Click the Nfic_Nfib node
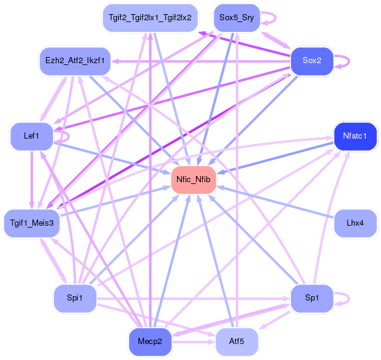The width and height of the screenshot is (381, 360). click(194, 180)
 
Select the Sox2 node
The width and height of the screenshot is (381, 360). click(312, 61)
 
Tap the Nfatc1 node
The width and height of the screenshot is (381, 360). click(355, 136)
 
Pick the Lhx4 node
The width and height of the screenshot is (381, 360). click(355, 223)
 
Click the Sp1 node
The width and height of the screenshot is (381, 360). click(312, 298)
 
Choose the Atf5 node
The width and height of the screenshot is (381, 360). click(236, 342)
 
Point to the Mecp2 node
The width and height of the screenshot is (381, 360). click(150, 342)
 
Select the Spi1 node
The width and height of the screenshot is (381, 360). click(75, 298)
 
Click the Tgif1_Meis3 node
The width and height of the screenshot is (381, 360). click(32, 223)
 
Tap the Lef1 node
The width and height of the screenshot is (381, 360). click(32, 136)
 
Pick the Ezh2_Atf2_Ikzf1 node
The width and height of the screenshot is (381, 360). click(75, 61)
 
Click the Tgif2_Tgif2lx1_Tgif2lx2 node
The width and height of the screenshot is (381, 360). click(150, 18)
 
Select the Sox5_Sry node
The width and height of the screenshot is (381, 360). click(236, 18)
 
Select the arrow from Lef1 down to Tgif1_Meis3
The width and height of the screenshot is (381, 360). click(32, 180)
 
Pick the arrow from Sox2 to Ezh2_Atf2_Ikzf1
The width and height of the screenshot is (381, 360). click(201, 61)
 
